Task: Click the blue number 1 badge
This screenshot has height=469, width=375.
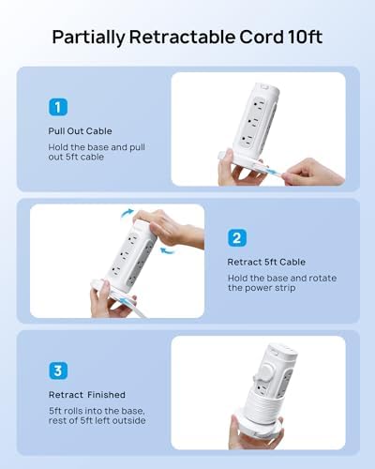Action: [58, 107]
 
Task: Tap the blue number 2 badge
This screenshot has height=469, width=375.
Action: [237, 238]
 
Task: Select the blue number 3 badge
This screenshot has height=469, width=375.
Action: [58, 371]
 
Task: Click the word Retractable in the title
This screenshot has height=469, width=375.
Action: [182, 37]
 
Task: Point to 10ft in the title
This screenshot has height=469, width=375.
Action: [305, 37]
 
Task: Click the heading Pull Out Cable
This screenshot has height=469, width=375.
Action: [80, 131]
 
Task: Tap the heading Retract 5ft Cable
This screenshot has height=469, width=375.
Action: [266, 262]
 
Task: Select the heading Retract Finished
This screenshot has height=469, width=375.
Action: [87, 395]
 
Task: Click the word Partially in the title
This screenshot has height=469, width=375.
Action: [88, 38]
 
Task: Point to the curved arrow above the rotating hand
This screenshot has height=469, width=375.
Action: [127, 212]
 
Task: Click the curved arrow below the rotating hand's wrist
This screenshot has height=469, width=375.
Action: [167, 250]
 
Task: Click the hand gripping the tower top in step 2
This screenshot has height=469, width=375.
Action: [171, 227]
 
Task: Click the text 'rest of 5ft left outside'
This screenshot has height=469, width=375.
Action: [97, 420]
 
